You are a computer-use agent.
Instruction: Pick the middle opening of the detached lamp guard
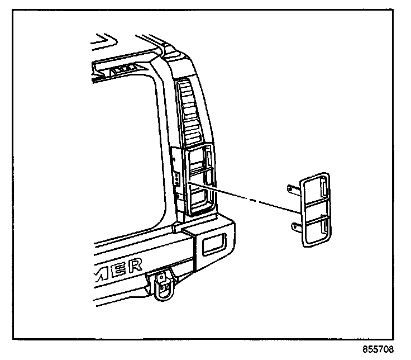pos(316,211)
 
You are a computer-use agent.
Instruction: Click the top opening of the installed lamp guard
pos(199,158)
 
